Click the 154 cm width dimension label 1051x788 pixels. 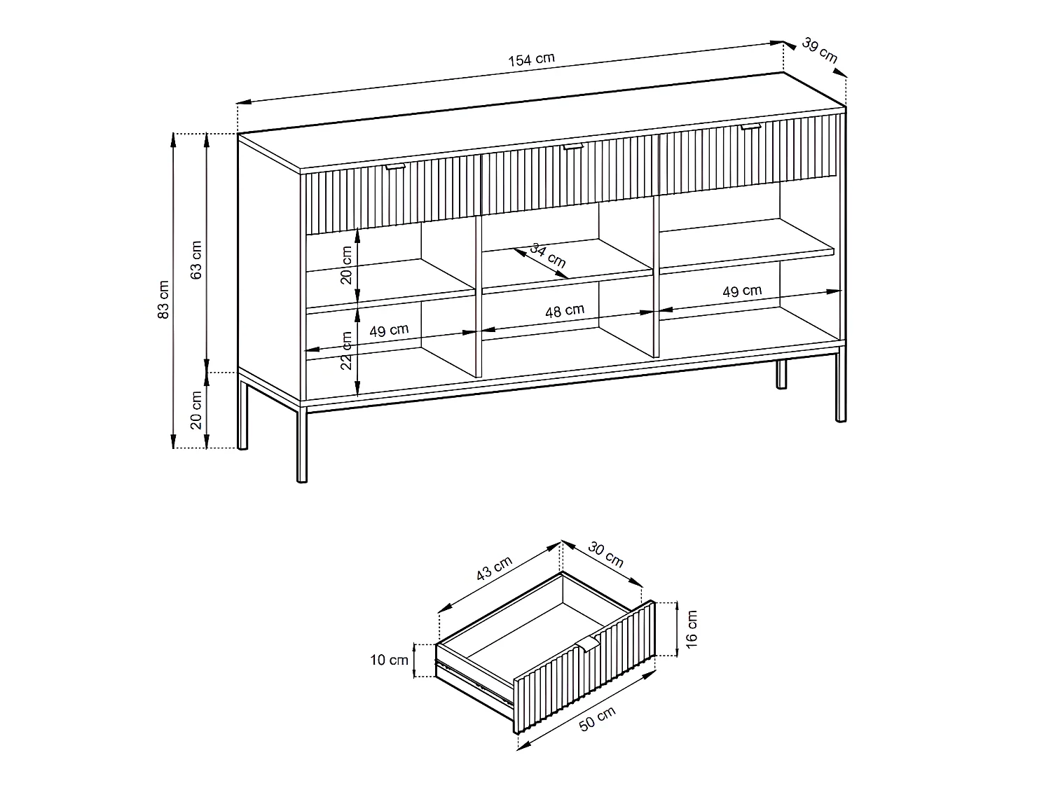(531, 60)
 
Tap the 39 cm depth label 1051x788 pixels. (819, 50)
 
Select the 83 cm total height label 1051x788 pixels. (163, 300)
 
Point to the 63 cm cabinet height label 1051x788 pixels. (195, 260)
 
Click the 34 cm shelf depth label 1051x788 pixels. (548, 256)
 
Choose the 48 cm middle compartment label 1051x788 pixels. (565, 311)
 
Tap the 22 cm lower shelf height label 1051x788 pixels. (345, 350)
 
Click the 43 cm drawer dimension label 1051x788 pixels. (494, 568)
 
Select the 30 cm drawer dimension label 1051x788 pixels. (605, 555)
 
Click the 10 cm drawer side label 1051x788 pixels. (389, 661)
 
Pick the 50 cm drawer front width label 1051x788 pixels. (597, 719)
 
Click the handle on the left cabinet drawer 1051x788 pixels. (395, 167)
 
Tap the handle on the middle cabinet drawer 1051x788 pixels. (573, 146)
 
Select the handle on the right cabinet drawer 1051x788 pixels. (750, 126)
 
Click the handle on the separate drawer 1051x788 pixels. (589, 643)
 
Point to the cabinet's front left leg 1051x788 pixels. (302, 445)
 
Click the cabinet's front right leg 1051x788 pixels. (841, 387)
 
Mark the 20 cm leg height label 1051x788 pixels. (195, 410)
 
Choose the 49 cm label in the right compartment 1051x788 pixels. (742, 291)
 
